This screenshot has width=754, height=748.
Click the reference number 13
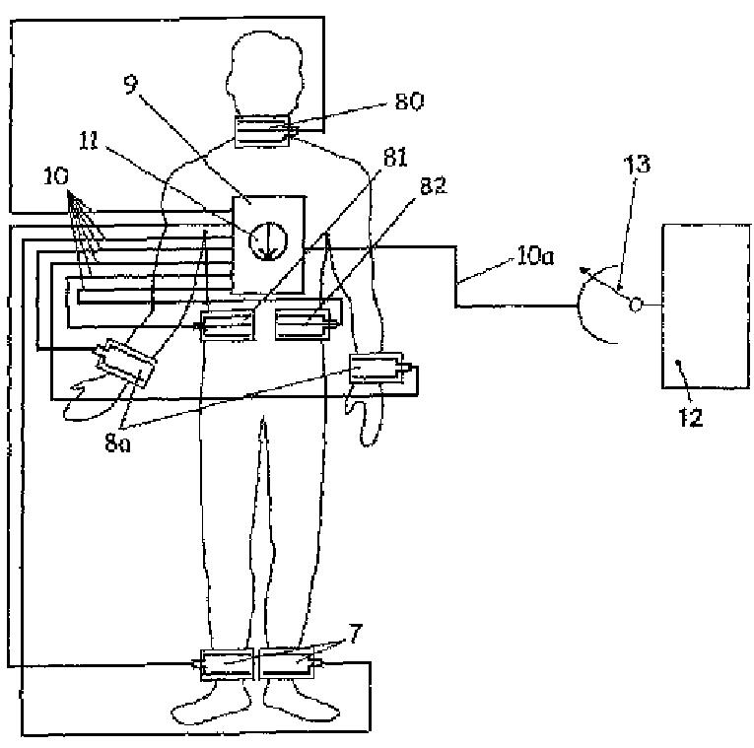(637, 164)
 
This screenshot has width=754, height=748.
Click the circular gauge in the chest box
(268, 239)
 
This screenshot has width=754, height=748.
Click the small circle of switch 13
(636, 306)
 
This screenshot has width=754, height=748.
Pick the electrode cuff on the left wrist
(379, 372)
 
